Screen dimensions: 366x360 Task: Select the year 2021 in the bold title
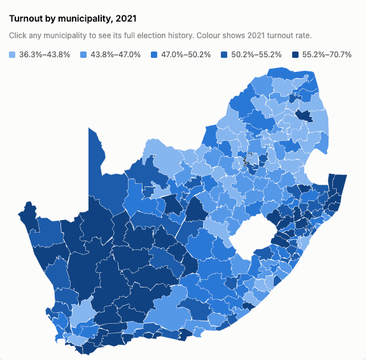(126, 18)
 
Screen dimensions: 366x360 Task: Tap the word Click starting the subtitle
(18, 36)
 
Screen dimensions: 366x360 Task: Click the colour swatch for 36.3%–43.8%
(12, 55)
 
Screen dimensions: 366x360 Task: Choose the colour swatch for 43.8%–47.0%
(83, 55)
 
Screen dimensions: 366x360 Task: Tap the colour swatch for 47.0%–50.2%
(154, 55)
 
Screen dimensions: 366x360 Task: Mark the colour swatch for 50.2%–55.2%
(224, 55)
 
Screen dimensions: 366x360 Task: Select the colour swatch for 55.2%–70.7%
(295, 55)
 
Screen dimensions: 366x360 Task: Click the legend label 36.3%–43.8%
(45, 55)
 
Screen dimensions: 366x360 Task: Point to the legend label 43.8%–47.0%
(116, 55)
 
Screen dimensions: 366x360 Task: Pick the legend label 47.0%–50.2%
(186, 55)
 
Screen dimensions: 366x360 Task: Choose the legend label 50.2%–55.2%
(257, 55)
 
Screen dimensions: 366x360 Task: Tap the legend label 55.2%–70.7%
(327, 55)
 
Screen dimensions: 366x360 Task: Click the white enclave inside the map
(253, 235)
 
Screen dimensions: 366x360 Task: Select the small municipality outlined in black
(247, 159)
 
